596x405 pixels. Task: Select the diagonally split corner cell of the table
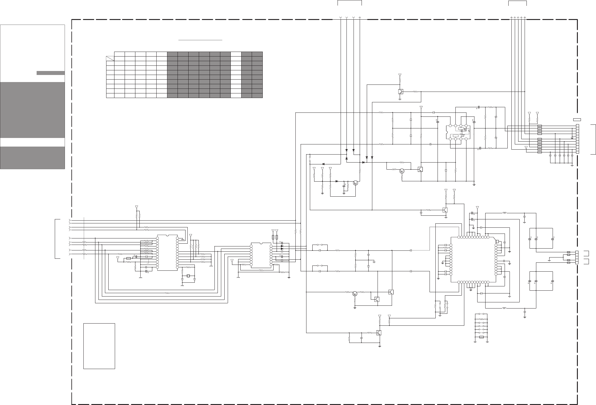tap(110, 58)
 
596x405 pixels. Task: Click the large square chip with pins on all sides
tap(473, 260)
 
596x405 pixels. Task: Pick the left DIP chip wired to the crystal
tap(167, 253)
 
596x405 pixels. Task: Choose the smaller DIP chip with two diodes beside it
tap(261, 255)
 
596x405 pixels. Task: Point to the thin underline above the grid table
tap(200, 40)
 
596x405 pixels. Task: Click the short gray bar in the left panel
tap(50, 73)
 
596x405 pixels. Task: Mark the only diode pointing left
tap(323, 164)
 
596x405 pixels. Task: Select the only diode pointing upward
tap(346, 158)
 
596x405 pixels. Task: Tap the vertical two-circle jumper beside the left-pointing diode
tap(310, 158)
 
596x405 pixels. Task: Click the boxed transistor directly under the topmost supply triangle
tap(401, 92)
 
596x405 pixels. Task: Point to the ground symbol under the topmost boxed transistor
tap(400, 99)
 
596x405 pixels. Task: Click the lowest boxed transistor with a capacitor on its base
tap(379, 333)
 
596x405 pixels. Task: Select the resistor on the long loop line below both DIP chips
tap(167, 293)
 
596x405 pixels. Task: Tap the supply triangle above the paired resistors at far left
tap(137, 207)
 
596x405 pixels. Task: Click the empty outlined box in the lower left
tap(99, 346)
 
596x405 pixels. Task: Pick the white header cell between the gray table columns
tap(236, 54)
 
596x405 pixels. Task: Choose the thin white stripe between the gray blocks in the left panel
tap(32, 142)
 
